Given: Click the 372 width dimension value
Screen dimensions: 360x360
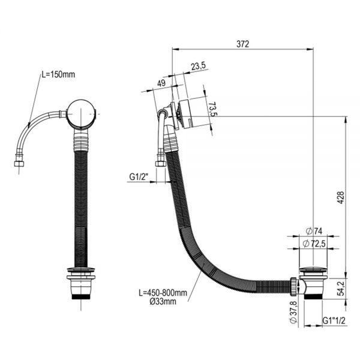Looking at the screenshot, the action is click(x=242, y=44).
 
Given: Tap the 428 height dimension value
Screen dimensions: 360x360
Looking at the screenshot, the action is click(x=341, y=197).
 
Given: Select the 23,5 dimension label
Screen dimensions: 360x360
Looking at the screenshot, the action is click(x=199, y=67).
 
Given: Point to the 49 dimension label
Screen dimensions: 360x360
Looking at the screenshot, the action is click(x=161, y=83).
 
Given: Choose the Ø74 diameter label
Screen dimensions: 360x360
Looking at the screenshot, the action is click(x=314, y=231).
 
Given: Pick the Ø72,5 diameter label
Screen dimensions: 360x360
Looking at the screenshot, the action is click(x=314, y=244).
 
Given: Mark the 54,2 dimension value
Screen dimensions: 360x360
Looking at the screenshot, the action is click(x=341, y=289).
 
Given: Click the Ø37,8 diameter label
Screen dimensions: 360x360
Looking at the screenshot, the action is click(x=293, y=312).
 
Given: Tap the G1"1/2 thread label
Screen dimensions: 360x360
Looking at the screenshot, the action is click(x=334, y=320).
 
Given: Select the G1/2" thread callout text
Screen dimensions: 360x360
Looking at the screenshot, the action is click(x=139, y=177).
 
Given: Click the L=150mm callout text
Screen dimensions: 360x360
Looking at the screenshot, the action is click(x=58, y=74).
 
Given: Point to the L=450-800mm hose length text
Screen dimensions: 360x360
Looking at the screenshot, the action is click(x=163, y=293).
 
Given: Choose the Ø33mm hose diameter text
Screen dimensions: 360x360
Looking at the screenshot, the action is click(x=163, y=301).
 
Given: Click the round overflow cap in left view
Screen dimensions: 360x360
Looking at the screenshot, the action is click(x=81, y=113).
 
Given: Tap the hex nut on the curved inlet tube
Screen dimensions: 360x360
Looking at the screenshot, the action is click(x=19, y=164).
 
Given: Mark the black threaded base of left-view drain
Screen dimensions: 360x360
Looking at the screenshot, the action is click(x=81, y=296).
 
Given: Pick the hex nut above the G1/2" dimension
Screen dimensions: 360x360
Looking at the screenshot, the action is click(x=160, y=164).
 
